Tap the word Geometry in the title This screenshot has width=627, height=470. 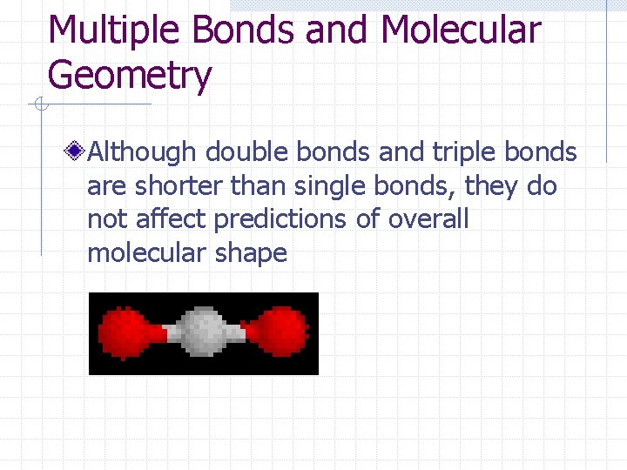pos(130,76)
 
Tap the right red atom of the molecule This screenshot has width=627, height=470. pos(279,333)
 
